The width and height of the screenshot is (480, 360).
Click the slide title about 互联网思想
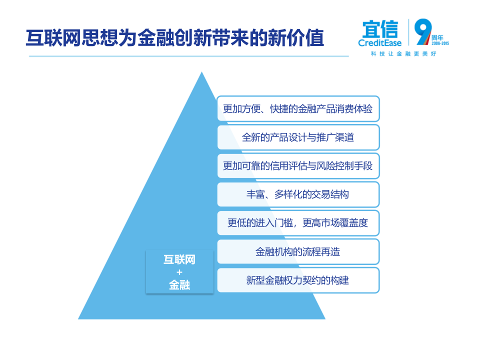point(175,38)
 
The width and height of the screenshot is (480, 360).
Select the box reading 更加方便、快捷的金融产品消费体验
point(298,108)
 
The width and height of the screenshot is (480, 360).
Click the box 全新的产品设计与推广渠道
point(298,137)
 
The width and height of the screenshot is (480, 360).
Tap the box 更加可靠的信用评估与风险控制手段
point(298,165)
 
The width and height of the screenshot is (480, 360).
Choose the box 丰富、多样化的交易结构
point(298,194)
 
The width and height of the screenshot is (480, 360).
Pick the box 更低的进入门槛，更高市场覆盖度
point(298,222)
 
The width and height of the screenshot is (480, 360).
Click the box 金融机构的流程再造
point(298,251)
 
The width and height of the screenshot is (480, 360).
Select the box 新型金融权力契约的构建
point(298,280)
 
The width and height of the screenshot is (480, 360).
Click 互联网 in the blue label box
point(179,260)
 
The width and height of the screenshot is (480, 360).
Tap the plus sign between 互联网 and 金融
point(179,272)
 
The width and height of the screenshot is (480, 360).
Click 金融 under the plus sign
point(179,285)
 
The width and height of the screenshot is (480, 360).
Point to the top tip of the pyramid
point(201,74)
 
